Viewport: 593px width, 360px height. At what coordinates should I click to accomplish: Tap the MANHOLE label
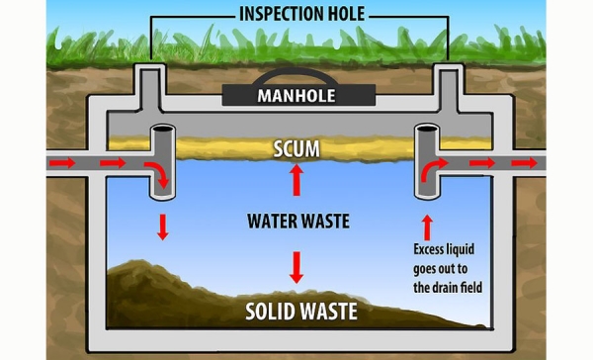(x=296, y=96)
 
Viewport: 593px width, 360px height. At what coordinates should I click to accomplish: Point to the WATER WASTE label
(x=297, y=221)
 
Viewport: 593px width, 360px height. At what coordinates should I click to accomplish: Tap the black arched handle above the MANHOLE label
(x=296, y=79)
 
